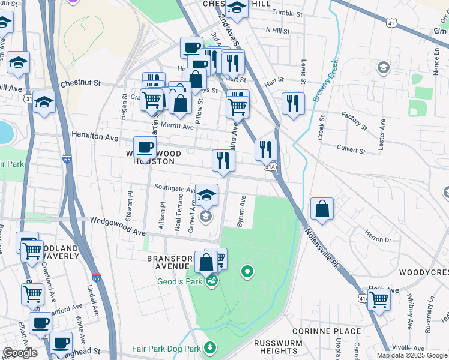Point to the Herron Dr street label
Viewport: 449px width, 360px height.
click(378, 239)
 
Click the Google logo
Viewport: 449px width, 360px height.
click(20, 353)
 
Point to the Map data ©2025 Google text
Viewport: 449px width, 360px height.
click(412, 355)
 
